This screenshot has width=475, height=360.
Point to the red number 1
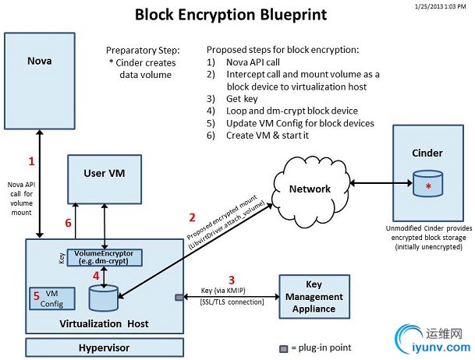tap(31, 162)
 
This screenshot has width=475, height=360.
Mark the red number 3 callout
tap(230, 279)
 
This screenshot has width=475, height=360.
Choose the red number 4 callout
tap(95, 275)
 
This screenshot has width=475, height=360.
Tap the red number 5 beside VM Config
tap(35, 295)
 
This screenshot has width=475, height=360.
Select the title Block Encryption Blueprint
tap(231, 14)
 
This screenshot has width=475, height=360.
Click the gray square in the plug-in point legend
tap(284, 348)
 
